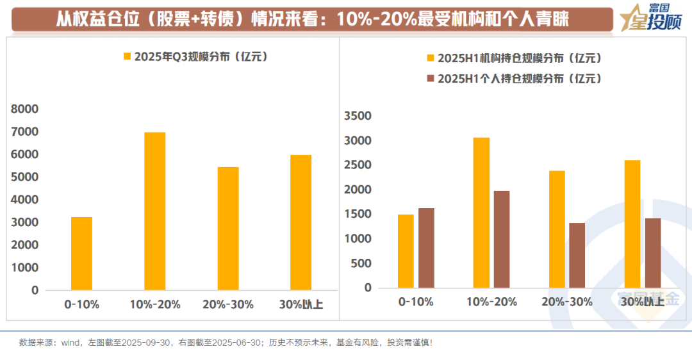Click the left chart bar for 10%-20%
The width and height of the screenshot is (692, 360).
(155, 211)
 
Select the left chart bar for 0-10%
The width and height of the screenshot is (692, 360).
(82, 254)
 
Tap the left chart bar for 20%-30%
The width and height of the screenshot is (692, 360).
(228, 229)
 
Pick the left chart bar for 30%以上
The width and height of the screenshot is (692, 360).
(301, 223)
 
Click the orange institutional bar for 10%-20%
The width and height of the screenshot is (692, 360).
(481, 213)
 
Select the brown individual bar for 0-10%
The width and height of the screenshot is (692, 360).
(426, 248)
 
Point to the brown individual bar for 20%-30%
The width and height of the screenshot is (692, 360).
(577, 255)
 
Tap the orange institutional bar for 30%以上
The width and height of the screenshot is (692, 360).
(632, 224)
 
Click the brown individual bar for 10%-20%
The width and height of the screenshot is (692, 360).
(502, 239)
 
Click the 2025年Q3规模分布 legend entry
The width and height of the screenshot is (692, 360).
(195, 56)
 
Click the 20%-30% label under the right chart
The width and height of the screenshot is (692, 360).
(566, 302)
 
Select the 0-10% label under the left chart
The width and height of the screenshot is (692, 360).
(81, 304)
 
